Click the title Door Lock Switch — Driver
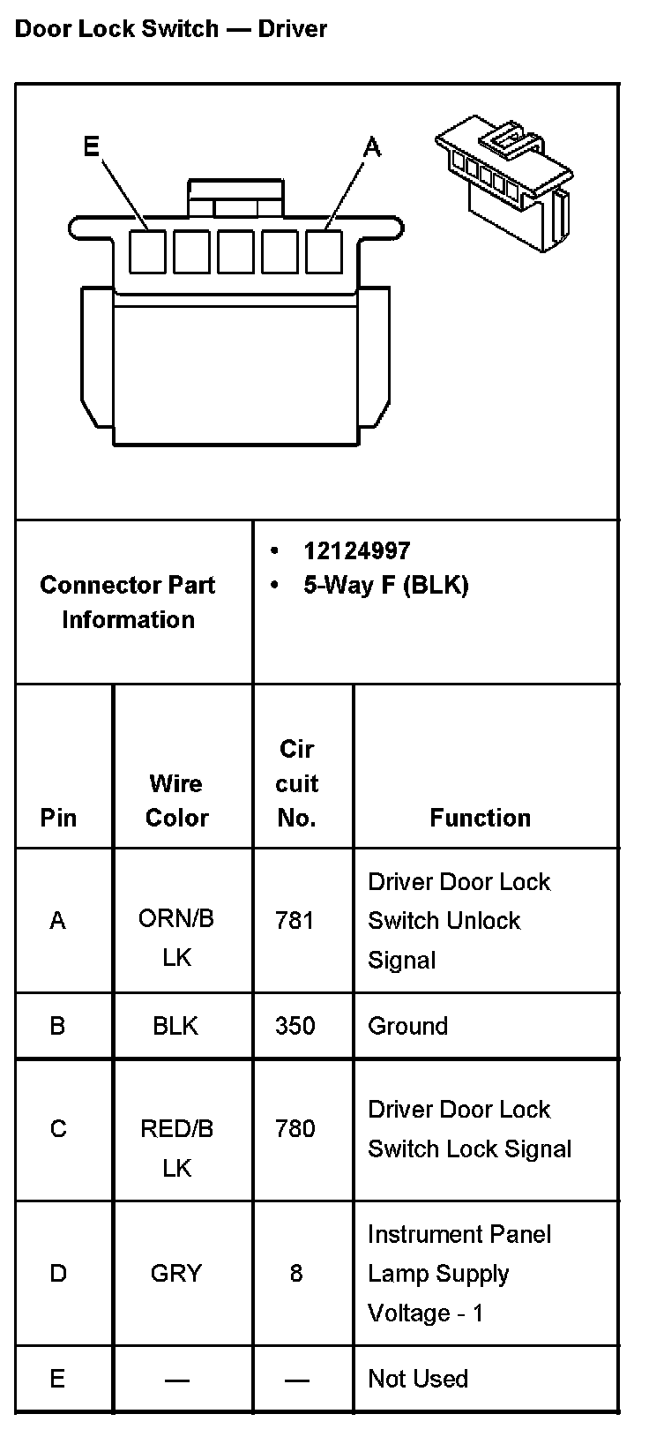tap(171, 29)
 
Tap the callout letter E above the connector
tap(91, 146)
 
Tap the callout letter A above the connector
tap(372, 147)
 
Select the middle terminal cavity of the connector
tap(235, 251)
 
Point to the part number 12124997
tap(356, 551)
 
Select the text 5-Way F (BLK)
tap(385, 585)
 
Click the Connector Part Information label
tap(128, 602)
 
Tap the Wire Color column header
tap(176, 800)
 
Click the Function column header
tap(480, 818)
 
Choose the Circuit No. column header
tap(296, 783)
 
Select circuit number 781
tap(295, 920)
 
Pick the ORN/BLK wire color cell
tap(176, 938)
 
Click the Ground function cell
tap(407, 1026)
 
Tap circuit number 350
tap(295, 1026)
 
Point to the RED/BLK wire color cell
tap(176, 1148)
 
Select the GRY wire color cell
tap(176, 1273)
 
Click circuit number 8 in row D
tap(295, 1273)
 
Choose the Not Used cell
tap(417, 1379)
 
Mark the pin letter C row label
tap(58, 1129)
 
